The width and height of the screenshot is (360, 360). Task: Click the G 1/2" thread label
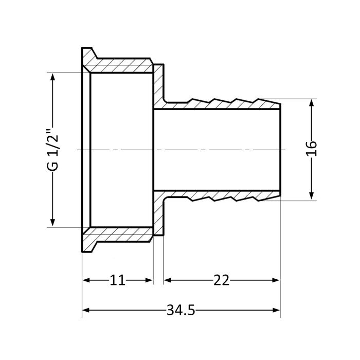pyautogui.click(x=52, y=149)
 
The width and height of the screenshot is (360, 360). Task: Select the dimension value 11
pyautogui.click(x=117, y=280)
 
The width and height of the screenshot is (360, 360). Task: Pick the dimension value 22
pyautogui.click(x=222, y=280)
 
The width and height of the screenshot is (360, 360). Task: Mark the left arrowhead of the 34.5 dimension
pyautogui.click(x=86, y=310)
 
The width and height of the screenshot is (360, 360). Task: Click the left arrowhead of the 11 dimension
pyautogui.click(x=86, y=280)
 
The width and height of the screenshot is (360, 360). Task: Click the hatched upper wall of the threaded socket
pyautogui.click(x=121, y=67)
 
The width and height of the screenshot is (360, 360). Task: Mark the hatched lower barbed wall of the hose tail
pyautogui.click(x=221, y=196)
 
